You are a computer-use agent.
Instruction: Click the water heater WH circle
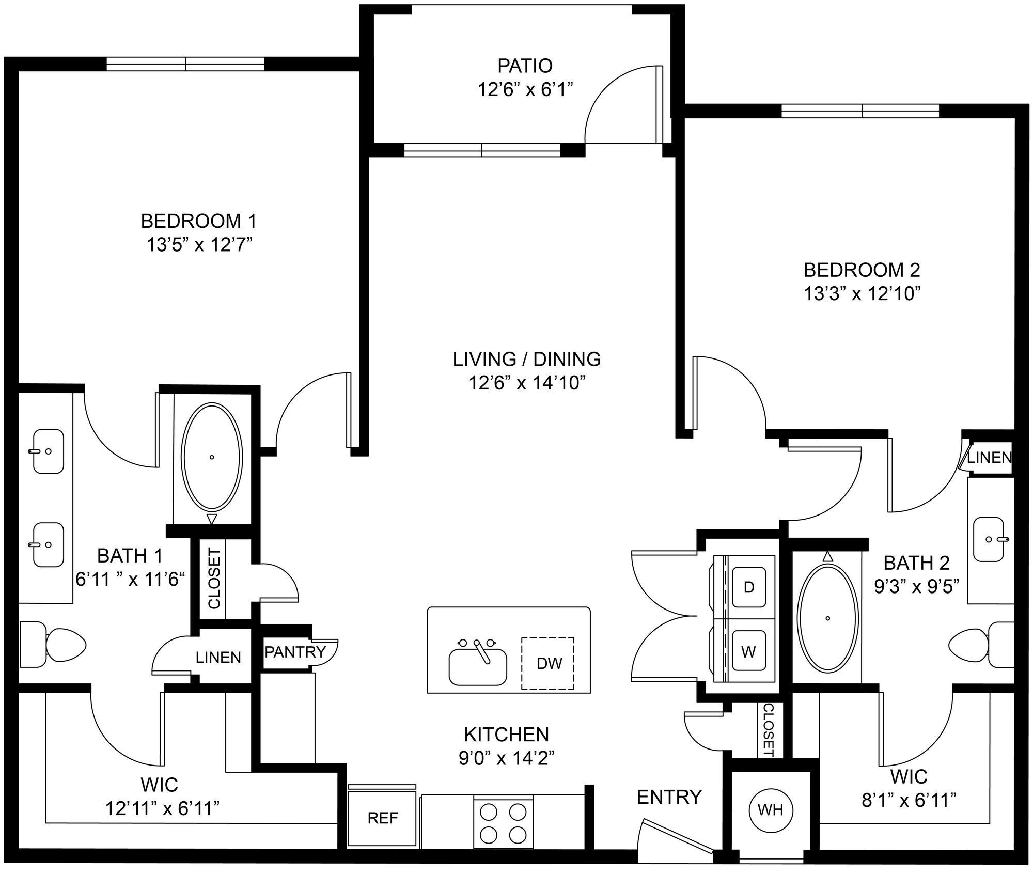click(x=771, y=809)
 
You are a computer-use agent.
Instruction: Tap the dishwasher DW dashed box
click(x=548, y=663)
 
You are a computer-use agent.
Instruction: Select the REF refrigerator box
click(x=382, y=817)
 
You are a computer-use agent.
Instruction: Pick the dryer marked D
click(x=748, y=588)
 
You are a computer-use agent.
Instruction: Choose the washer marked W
click(x=748, y=652)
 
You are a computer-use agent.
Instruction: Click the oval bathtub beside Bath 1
click(x=212, y=457)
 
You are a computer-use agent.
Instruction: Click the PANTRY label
click(x=295, y=652)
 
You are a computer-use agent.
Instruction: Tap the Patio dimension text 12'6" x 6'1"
click(x=525, y=90)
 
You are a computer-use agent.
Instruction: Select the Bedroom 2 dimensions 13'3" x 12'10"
click(x=862, y=294)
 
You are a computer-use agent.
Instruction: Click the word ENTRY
click(x=669, y=797)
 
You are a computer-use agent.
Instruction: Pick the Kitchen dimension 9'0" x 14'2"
click(x=506, y=758)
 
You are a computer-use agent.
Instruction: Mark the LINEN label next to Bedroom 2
click(x=989, y=458)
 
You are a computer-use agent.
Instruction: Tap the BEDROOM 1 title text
click(x=199, y=221)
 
